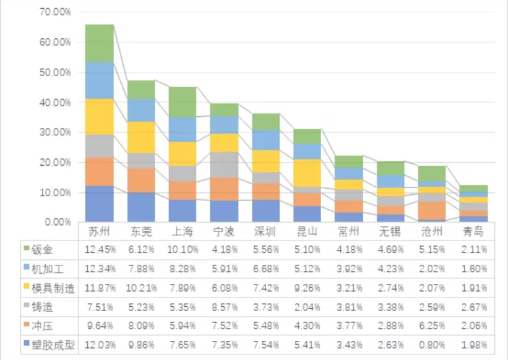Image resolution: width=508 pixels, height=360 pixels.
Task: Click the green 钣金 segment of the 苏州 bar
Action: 99,43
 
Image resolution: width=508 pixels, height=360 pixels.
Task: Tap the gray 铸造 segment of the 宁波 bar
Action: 225,165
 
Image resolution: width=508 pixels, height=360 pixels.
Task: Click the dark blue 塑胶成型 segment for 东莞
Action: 142,207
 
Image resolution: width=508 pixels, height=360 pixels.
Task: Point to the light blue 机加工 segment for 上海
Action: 183,129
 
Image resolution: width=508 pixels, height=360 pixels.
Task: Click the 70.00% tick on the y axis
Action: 56,12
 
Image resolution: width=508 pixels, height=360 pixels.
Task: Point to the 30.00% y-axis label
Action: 56,132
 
